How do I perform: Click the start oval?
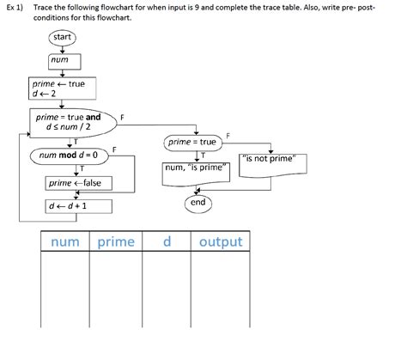click(62, 38)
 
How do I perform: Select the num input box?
click(64, 62)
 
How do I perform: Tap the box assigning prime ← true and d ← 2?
click(62, 88)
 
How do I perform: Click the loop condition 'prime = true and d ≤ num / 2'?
click(73, 123)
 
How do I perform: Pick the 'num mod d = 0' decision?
click(70, 156)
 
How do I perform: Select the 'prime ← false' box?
click(78, 183)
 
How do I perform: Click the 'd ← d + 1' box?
click(78, 206)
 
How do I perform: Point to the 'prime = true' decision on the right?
click(193, 143)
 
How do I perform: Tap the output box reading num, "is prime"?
click(196, 174)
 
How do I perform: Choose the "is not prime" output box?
click(273, 166)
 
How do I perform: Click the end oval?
click(198, 203)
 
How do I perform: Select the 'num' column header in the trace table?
click(65, 241)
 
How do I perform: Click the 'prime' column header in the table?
click(116, 241)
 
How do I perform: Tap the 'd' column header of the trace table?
click(167, 241)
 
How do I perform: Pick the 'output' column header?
click(221, 241)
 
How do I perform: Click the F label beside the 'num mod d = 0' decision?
click(114, 149)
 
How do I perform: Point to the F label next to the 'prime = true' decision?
click(228, 136)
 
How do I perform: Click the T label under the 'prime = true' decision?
click(203, 156)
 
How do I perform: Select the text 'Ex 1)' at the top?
click(15, 8)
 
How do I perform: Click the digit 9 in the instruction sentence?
click(197, 7)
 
